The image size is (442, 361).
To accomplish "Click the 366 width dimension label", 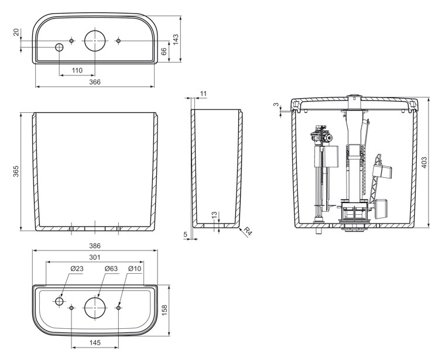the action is click(x=95, y=82).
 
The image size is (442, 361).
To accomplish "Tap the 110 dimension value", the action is click(x=77, y=70).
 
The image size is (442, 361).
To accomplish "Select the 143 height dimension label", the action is click(x=175, y=39).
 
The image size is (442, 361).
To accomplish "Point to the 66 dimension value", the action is click(x=163, y=51).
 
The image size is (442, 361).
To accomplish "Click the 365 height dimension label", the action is click(x=16, y=171).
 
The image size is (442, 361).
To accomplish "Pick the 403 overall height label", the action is click(x=424, y=163).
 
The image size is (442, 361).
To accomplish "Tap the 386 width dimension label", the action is click(x=95, y=246).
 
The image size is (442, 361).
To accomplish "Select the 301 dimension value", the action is click(x=95, y=257).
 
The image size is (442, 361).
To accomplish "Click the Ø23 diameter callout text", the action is click(x=77, y=269).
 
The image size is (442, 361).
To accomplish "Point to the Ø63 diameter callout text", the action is click(x=111, y=269).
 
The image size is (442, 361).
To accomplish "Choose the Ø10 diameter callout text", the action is click(x=135, y=269).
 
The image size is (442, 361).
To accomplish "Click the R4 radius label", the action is click(x=248, y=231).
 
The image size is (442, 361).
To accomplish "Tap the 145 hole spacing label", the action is click(x=95, y=343).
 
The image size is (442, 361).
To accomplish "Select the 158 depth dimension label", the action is click(x=165, y=310).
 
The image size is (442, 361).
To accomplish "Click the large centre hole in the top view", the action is click(x=95, y=41).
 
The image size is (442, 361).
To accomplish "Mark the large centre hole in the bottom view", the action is click(x=95, y=308).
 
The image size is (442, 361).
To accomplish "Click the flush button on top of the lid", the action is click(x=354, y=96).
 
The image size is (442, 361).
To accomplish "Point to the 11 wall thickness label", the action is click(x=204, y=94).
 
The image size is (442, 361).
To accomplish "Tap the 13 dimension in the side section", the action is click(x=215, y=215).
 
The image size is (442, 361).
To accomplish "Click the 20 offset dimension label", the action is click(x=16, y=32).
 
